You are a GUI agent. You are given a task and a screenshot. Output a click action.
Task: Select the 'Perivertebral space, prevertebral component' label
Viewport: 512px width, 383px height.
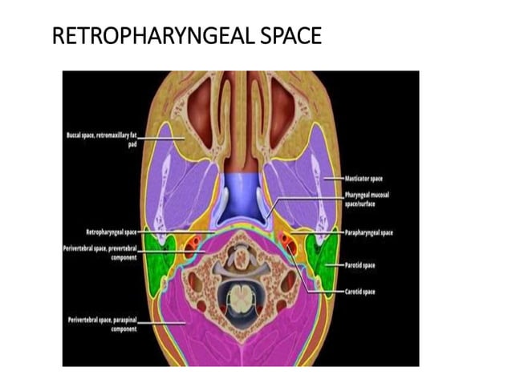(x=101, y=252)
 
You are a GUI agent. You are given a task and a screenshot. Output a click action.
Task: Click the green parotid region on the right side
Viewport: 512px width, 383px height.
(x=322, y=260)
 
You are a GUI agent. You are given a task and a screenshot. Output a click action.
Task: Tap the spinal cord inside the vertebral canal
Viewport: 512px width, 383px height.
(x=241, y=299)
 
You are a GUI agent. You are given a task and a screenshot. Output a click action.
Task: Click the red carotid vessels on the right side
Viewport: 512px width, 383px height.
(x=289, y=244)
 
